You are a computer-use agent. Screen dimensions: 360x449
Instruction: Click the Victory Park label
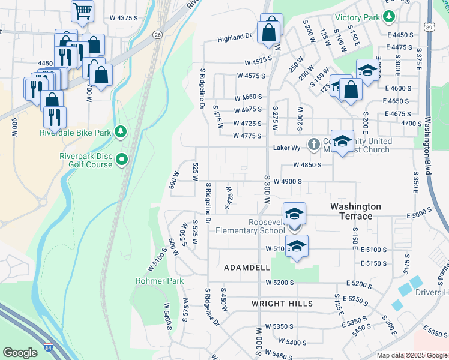click(x=357, y=17)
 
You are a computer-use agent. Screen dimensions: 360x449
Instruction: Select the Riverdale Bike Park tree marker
click(x=121, y=131)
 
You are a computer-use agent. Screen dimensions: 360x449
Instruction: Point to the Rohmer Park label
click(x=151, y=280)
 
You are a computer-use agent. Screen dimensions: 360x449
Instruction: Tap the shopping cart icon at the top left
click(x=82, y=10)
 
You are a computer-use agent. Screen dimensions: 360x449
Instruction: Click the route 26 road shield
click(x=157, y=35)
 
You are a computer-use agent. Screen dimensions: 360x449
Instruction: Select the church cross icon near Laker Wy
click(x=313, y=144)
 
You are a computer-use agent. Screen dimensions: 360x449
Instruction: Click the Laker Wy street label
click(x=286, y=147)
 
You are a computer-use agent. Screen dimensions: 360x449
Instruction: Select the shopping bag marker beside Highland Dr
click(x=268, y=31)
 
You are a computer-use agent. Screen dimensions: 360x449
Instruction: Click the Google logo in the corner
click(x=20, y=353)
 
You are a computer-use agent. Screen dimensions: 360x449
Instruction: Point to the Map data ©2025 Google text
click(x=411, y=355)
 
